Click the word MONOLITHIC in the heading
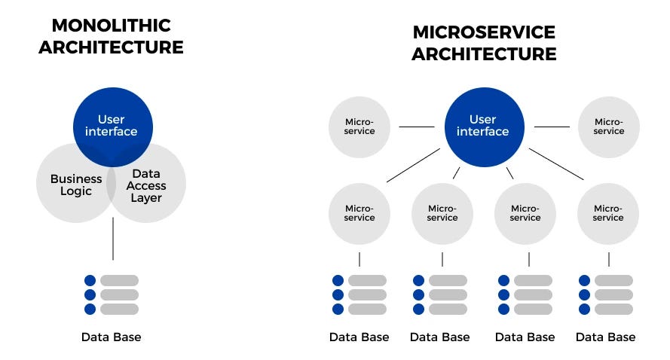click(x=111, y=25)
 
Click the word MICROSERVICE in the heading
click(x=483, y=32)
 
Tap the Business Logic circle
click(x=72, y=185)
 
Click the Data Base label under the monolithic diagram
click(x=111, y=337)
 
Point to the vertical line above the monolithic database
click(x=112, y=239)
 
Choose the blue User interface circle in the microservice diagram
click(x=483, y=126)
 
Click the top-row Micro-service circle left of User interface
click(x=359, y=127)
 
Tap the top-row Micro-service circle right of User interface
click(x=608, y=127)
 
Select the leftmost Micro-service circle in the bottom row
click(x=359, y=213)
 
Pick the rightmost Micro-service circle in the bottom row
click(x=608, y=213)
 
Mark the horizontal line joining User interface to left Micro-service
click(x=416, y=127)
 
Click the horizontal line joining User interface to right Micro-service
click(x=552, y=127)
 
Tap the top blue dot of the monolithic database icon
click(x=90, y=281)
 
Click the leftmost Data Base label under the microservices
click(x=359, y=337)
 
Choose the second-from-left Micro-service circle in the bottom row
click(x=442, y=213)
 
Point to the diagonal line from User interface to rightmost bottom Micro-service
click(x=556, y=164)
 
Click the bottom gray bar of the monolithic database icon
click(x=119, y=309)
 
